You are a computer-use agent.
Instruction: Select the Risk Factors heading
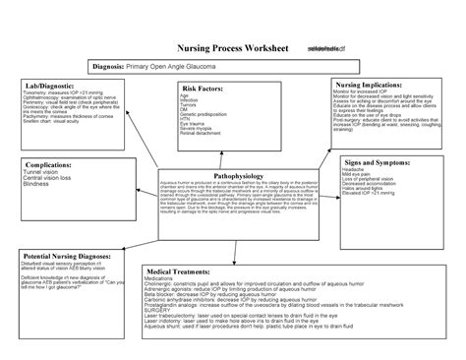[204, 89]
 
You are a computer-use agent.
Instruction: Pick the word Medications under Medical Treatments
[165, 276]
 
